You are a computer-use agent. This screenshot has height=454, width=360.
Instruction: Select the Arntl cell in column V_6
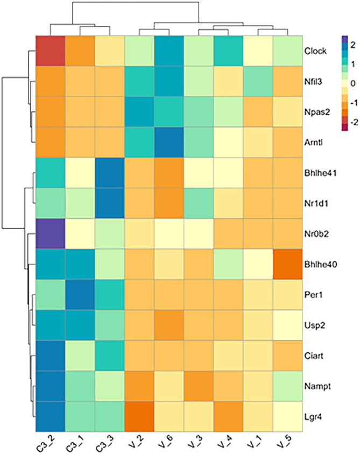[x=169, y=143]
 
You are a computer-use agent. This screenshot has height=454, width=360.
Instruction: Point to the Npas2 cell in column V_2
[x=139, y=112]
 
